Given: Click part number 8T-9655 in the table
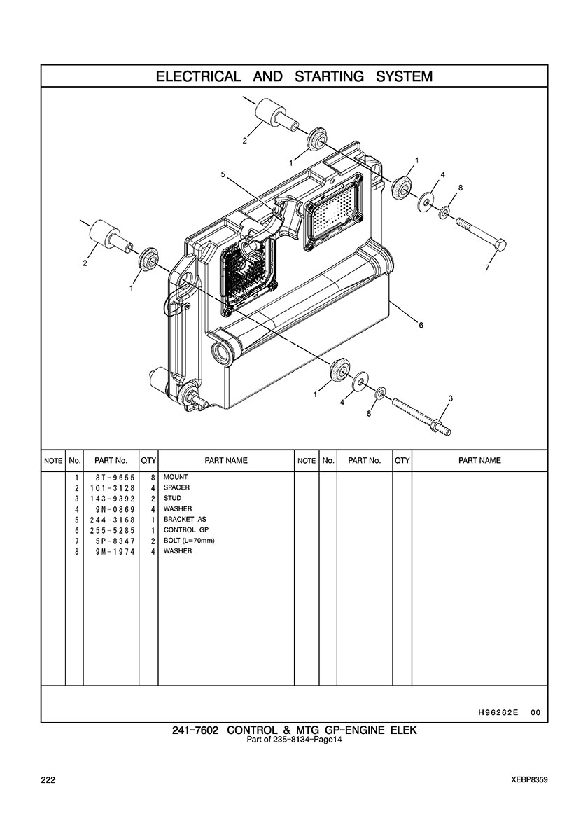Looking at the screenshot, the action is [x=112, y=478].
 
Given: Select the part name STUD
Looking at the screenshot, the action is [x=172, y=498].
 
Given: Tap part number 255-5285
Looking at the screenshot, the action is [x=112, y=530].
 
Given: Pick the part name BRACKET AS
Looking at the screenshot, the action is [x=185, y=520].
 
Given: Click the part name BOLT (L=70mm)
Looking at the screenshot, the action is [x=189, y=541].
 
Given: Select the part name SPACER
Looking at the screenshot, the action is [x=176, y=487].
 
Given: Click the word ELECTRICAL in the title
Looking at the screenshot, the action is [x=198, y=76].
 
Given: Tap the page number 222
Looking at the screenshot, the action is [x=48, y=780].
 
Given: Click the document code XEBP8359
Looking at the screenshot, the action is [x=530, y=780].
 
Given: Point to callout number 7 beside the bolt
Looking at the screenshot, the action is [x=487, y=268].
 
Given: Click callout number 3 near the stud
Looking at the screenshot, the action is [x=450, y=398].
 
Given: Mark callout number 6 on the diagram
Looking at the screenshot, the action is [x=421, y=326].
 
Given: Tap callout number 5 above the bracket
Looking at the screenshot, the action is [x=223, y=174].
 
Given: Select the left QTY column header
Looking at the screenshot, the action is [x=148, y=461].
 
